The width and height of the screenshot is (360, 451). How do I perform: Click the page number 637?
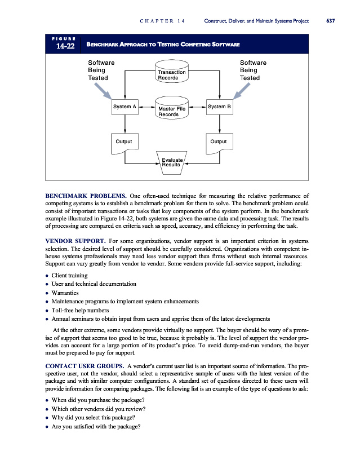[330, 21]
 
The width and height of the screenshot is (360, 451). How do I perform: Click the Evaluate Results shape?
[171, 162]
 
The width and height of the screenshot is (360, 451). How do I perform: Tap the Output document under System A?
[124, 142]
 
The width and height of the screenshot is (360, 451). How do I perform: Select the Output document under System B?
[218, 142]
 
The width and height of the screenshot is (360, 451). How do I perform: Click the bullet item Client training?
[70, 275]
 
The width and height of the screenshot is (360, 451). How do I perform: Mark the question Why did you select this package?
[93, 417]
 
